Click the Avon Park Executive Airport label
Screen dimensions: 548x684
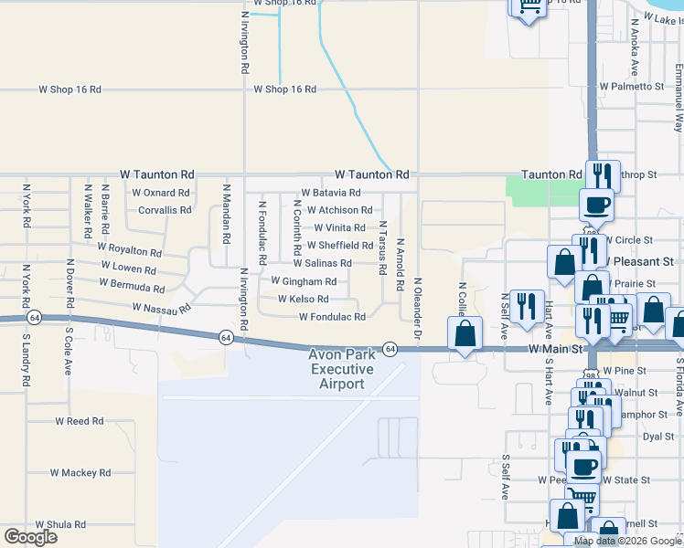(341, 369)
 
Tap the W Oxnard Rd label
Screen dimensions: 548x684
(160, 193)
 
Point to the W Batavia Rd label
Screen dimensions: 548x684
(328, 193)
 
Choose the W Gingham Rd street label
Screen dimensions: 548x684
(304, 281)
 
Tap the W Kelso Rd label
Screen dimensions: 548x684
(303, 299)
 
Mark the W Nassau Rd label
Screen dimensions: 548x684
(161, 309)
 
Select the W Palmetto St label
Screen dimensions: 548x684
(632, 86)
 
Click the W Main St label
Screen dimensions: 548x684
(556, 349)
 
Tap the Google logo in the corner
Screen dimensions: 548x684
(30, 536)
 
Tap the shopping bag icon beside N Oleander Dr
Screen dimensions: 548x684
(465, 334)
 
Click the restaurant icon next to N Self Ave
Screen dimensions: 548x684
(526, 308)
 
